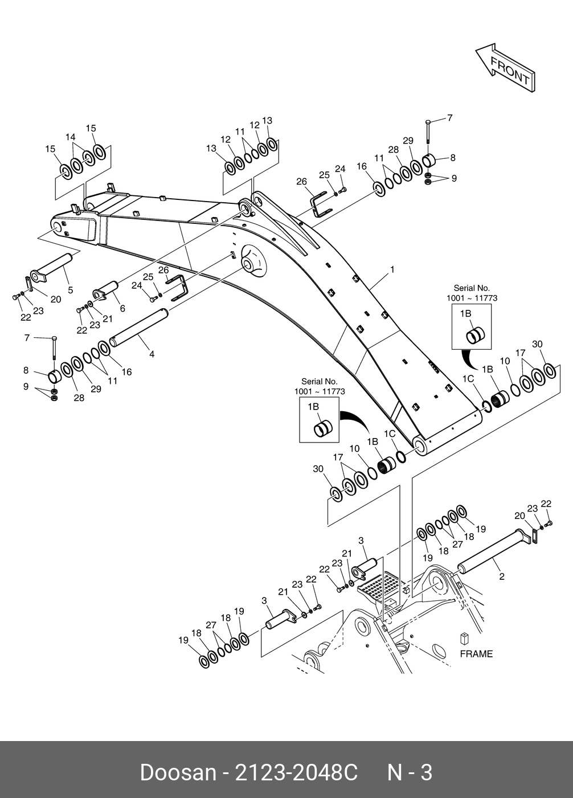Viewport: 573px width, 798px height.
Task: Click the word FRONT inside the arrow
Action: tap(510, 71)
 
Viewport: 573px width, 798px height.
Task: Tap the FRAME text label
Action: tap(476, 654)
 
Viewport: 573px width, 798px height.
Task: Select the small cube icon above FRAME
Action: tap(464, 639)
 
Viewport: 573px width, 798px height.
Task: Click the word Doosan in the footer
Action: tap(178, 772)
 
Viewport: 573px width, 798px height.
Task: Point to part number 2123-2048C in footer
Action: tap(296, 772)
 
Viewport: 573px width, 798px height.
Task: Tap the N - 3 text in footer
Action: tap(410, 772)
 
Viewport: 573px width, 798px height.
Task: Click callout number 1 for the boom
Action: tap(392, 269)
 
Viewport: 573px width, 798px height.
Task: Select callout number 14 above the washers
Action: tap(71, 137)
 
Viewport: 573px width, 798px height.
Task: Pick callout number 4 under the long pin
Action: tap(152, 354)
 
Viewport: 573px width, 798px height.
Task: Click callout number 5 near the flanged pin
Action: tap(71, 290)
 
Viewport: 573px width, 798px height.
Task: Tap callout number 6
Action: tap(122, 309)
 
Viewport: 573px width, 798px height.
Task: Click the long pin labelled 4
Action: tap(139, 327)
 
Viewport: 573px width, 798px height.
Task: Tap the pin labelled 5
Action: tap(54, 268)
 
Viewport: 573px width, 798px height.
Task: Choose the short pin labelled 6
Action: tap(105, 289)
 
